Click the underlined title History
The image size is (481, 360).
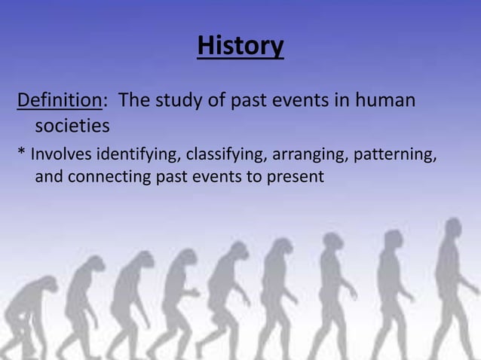point(240,47)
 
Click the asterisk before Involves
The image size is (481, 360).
point(22,154)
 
